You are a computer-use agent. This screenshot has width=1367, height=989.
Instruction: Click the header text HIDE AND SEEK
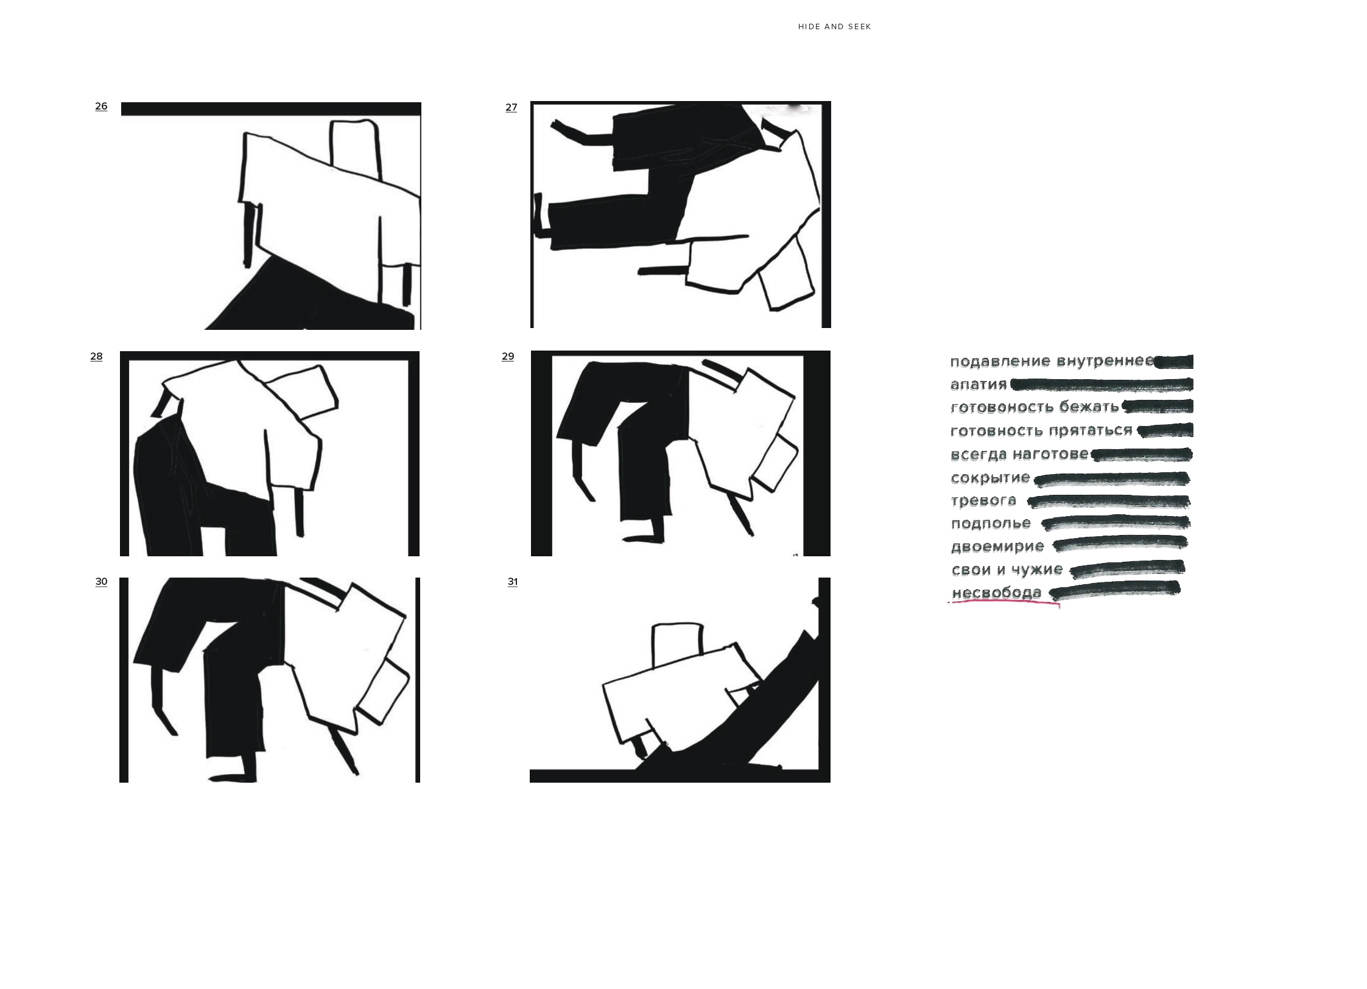click(834, 27)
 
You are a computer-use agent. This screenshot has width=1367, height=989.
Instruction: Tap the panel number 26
click(101, 107)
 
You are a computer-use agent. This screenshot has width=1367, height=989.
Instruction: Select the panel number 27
click(511, 108)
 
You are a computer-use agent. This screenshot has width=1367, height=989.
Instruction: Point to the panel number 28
click(96, 357)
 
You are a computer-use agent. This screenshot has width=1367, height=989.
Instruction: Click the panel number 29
click(508, 357)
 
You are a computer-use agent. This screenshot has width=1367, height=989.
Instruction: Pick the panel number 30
click(101, 582)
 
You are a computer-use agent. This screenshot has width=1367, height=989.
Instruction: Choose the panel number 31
click(513, 582)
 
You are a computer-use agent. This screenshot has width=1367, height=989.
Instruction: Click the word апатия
click(979, 385)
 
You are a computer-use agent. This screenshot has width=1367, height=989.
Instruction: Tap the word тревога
click(983, 501)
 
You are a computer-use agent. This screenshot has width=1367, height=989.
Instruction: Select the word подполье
click(991, 523)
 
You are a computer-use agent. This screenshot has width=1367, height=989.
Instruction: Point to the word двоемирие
click(997, 547)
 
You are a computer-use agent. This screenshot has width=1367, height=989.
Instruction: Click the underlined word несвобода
click(997, 593)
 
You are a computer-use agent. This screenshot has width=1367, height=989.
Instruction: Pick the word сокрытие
click(990, 478)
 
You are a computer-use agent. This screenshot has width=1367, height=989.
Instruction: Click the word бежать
click(1089, 407)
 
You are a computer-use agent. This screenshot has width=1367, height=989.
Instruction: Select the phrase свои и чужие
click(1007, 570)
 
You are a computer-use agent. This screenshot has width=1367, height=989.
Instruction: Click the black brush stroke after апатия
click(1102, 385)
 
